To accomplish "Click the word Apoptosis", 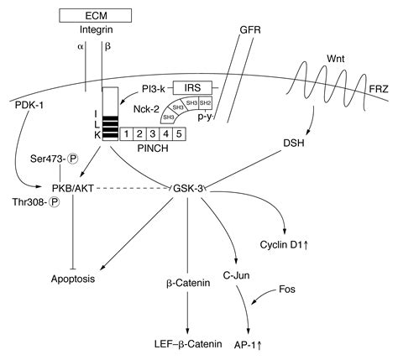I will pos(71,276).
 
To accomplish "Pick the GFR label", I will pos(250,30).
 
